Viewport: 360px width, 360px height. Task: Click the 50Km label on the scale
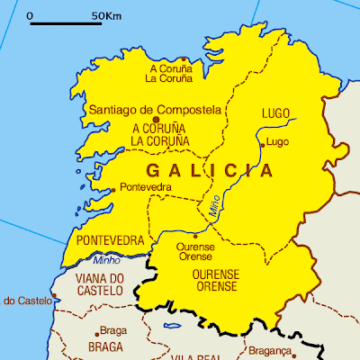[108, 15]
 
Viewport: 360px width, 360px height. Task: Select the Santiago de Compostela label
[155, 110]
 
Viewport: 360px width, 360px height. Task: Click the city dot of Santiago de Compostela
[156, 119]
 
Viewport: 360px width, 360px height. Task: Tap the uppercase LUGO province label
[275, 113]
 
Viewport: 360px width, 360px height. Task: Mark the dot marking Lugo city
[262, 144]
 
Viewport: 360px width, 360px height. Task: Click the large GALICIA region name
[210, 170]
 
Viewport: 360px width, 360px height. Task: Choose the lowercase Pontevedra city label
[145, 187]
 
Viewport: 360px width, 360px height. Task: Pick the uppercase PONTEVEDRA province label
[111, 241]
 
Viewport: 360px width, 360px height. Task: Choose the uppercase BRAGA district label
[104, 346]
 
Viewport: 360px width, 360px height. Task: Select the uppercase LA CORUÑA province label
[160, 141]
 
